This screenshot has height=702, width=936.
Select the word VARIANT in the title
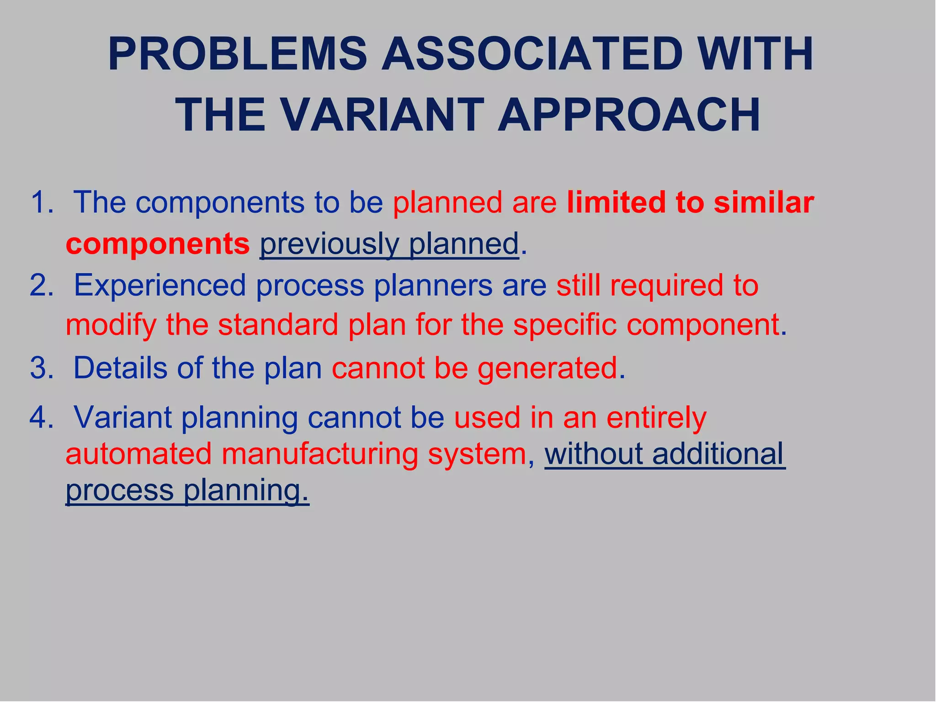[382, 115]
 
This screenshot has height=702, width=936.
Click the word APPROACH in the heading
[629, 115]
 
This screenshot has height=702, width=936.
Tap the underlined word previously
[330, 244]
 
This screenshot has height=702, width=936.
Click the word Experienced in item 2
[160, 286]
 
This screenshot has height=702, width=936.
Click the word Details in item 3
[120, 368]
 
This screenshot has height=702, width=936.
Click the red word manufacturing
[319, 454]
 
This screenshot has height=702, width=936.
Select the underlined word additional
[718, 454]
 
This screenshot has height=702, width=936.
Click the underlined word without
[593, 454]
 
